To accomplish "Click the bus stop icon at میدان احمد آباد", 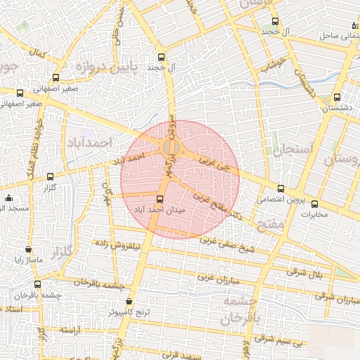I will pyautogui.click(x=160, y=200).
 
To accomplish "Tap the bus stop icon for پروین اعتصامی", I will pyautogui.click(x=281, y=188).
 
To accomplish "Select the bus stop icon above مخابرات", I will pyautogui.click(x=314, y=205).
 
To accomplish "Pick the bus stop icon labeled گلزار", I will pyautogui.click(x=49, y=177).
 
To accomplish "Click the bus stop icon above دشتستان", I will pyautogui.click(x=337, y=98).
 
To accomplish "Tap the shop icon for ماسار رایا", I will pyautogui.click(x=28, y=249).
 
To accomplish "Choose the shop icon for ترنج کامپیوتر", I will pyautogui.click(x=129, y=301).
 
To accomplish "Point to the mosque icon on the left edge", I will pyautogui.click(x=8, y=198).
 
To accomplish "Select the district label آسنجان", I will pyautogui.click(x=287, y=150).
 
